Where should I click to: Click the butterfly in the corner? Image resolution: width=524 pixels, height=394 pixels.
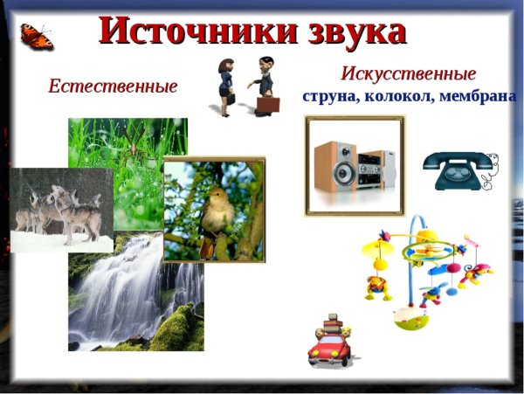pyautogui.click(x=37, y=37)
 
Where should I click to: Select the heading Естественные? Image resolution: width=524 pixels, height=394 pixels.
pyautogui.click(x=113, y=86)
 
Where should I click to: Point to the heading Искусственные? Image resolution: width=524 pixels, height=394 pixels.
pyautogui.click(x=409, y=73)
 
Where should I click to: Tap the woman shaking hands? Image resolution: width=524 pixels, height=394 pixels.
pyautogui.click(x=225, y=86)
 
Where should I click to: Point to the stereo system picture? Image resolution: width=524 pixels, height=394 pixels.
pyautogui.click(x=355, y=166)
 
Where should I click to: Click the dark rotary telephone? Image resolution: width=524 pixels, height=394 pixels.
pyautogui.click(x=454, y=170)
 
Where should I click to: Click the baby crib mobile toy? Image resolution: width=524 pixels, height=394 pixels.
pyautogui.click(x=424, y=271)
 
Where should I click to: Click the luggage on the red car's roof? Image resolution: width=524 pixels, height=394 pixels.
pyautogui.click(x=330, y=326)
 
